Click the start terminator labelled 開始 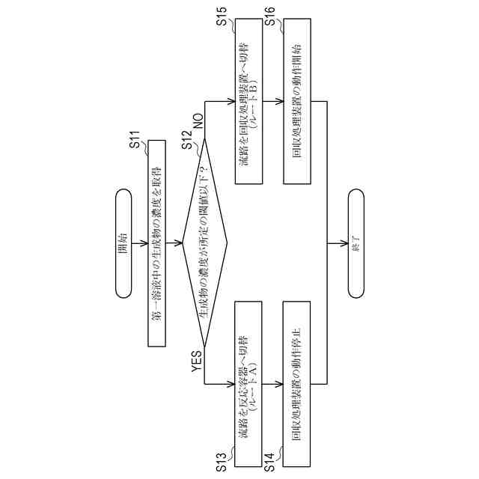(x=123, y=243)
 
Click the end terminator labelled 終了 (x=356, y=243)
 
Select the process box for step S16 (x=297, y=103)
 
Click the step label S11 (x=135, y=140)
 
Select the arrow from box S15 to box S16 (x=274, y=103)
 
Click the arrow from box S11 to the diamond (x=174, y=243)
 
